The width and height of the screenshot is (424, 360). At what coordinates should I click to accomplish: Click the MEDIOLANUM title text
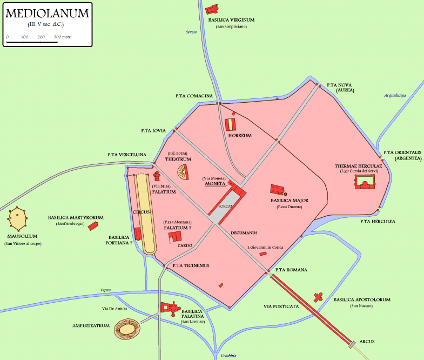click(x=46, y=14)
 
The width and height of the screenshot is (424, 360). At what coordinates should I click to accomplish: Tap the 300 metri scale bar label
click(x=63, y=37)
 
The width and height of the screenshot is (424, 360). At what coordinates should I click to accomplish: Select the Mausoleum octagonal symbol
click(x=18, y=218)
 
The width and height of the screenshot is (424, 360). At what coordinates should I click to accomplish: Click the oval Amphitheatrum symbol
click(x=128, y=329)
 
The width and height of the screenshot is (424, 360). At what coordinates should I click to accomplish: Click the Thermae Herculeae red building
click(x=366, y=184)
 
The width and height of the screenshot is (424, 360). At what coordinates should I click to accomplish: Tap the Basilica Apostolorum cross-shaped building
click(x=319, y=297)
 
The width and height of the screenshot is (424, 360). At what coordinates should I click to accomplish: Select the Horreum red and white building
click(x=230, y=124)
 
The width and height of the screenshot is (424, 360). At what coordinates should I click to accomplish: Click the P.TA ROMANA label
click(x=291, y=270)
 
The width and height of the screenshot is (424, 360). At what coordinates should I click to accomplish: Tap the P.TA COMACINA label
click(x=194, y=96)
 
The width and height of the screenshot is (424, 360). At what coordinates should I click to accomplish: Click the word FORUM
click(x=225, y=206)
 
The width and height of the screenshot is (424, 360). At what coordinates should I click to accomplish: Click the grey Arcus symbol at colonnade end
click(x=352, y=343)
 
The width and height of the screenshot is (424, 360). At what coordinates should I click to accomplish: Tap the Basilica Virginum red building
click(x=212, y=9)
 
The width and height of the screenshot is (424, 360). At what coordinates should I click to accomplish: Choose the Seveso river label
click(x=191, y=32)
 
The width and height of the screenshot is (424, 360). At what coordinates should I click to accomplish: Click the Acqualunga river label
click(x=394, y=95)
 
